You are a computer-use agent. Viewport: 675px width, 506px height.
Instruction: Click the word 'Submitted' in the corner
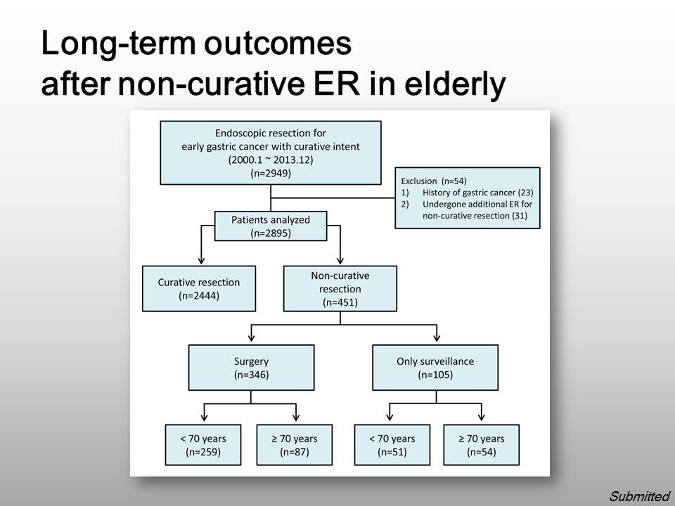640,496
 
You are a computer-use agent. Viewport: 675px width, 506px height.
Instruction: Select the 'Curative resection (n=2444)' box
199,288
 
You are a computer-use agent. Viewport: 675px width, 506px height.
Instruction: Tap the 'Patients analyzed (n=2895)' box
271,226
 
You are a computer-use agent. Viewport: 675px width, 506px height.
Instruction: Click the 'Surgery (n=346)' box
252,368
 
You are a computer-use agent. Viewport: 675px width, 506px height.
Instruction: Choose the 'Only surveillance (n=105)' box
435,368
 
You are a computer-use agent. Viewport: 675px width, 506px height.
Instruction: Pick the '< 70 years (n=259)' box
203,445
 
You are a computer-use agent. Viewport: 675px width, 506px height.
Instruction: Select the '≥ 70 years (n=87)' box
295,445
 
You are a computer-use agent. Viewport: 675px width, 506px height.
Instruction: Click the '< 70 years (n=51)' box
392,445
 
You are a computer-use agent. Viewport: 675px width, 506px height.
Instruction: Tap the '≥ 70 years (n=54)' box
481,445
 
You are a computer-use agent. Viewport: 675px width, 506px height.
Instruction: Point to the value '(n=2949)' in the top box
271,173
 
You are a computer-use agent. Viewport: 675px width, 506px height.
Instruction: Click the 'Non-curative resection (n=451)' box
340,288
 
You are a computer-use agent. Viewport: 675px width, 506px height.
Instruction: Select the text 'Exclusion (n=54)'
434,181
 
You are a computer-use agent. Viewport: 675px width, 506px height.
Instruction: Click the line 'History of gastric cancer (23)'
478,193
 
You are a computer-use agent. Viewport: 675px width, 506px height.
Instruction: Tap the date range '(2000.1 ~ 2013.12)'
271,160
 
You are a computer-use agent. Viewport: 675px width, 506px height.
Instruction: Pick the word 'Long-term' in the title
116,43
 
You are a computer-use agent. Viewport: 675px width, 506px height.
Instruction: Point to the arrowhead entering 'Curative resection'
201,261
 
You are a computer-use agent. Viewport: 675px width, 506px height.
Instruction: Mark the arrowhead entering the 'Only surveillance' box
437,338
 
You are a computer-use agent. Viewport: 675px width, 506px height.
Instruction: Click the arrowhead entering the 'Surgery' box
252,338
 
